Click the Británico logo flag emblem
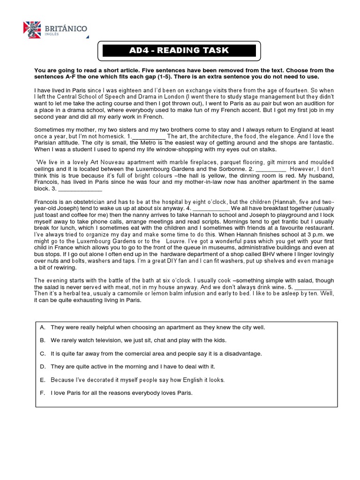[x=32, y=30]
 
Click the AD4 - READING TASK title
[x=179, y=51]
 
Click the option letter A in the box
[x=42, y=328]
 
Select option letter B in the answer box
[x=42, y=340]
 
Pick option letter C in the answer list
[x=42, y=353]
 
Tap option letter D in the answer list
[x=42, y=367]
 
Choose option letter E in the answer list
[x=42, y=380]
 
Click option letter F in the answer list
[x=42, y=393]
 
